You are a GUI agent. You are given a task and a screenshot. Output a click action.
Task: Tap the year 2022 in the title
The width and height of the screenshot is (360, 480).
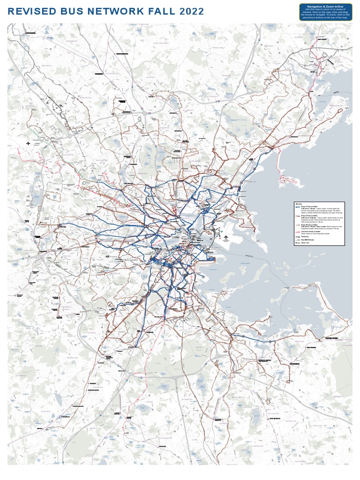[190, 11]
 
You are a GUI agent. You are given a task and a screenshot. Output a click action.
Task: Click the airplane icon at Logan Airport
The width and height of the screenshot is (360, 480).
[225, 237]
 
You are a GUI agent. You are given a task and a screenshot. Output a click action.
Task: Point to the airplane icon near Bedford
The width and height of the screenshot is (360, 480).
[29, 142]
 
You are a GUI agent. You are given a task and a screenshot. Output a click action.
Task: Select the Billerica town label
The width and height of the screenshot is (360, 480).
[48, 66]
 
